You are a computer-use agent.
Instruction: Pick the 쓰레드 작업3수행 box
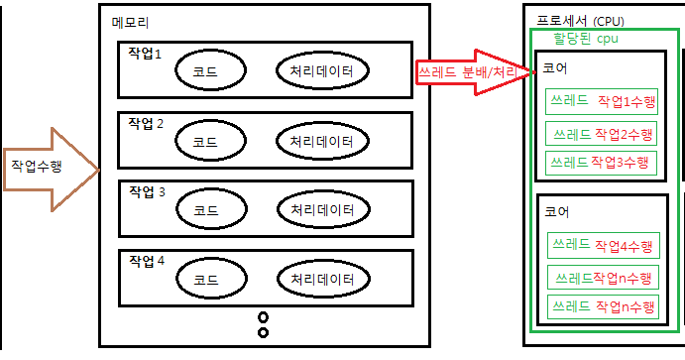click(601, 162)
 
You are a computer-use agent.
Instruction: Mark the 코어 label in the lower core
click(555, 211)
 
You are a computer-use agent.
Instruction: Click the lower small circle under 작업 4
click(263, 332)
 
